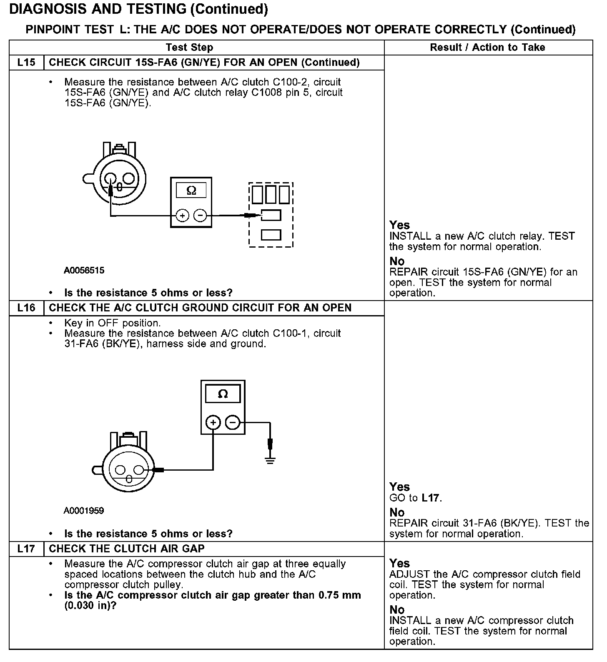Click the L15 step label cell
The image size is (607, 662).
click(26, 63)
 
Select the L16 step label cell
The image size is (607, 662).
click(26, 308)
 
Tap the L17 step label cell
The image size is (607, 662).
click(26, 549)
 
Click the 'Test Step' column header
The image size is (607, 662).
click(189, 48)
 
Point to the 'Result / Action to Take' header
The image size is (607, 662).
click(487, 48)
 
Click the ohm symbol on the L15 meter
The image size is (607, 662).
click(191, 191)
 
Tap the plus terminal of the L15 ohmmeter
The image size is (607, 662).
click(182, 216)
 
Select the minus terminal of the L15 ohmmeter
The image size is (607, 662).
click(201, 216)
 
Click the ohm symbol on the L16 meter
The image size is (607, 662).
click(223, 394)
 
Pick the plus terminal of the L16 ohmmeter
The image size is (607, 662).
click(213, 423)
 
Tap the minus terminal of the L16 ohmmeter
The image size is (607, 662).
click(233, 423)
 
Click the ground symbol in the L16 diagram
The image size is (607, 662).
click(270, 460)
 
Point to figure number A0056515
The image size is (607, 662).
click(84, 271)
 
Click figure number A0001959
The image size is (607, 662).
click(84, 511)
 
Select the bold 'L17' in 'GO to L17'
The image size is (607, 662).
click(431, 498)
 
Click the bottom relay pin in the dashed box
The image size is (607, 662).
click(271, 235)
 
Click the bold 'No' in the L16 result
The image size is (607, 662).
click(397, 512)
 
